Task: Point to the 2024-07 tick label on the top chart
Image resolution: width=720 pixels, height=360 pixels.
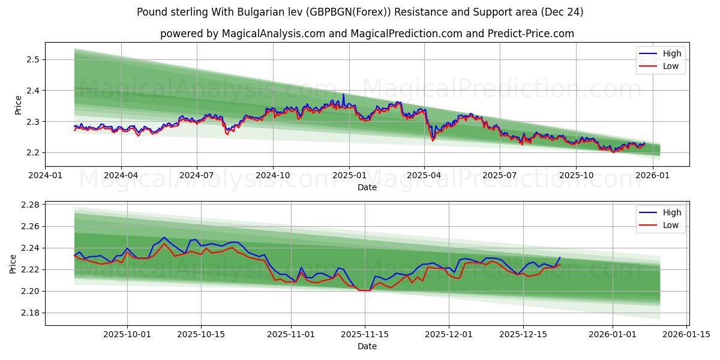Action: (x=197, y=176)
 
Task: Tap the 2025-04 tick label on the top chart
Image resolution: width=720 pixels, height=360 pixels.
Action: (x=424, y=176)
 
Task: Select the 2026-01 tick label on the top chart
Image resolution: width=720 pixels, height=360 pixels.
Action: (x=652, y=176)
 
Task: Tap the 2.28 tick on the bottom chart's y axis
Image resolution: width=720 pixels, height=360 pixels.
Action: (x=29, y=205)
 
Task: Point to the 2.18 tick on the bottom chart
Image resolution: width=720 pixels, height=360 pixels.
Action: (x=29, y=313)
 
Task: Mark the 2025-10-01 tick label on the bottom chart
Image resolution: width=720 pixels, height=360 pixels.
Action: (x=127, y=335)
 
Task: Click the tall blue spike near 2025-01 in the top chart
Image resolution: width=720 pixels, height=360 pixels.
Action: (x=344, y=95)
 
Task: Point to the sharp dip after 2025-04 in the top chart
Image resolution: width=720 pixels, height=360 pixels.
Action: (x=432, y=139)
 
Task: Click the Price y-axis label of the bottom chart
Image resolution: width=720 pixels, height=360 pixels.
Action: (x=13, y=263)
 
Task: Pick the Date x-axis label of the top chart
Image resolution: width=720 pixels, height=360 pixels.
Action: (x=367, y=187)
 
